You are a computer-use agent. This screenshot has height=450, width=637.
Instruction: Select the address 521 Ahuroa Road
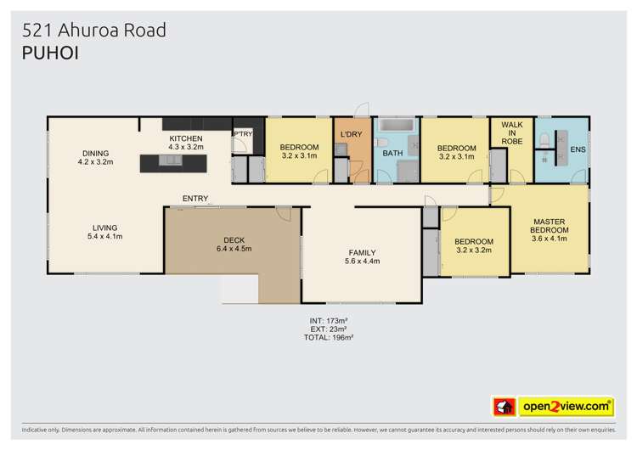(94, 31)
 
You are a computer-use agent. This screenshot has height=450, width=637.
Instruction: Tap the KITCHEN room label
(186, 138)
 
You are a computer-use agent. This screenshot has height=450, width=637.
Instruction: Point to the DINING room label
(95, 153)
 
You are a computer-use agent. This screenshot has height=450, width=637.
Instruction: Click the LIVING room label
(106, 228)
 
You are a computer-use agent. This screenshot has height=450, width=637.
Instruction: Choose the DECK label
(234, 240)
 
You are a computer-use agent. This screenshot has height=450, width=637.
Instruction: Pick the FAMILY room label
(362, 252)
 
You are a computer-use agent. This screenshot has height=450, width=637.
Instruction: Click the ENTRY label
(194, 200)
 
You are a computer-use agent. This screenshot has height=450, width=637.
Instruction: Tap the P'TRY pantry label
(243, 134)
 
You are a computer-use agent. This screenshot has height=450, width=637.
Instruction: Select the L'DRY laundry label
(352, 135)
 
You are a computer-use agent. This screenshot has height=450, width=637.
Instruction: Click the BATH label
(392, 154)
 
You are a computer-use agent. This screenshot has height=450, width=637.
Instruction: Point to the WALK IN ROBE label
(511, 134)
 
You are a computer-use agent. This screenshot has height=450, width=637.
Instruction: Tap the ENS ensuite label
(578, 151)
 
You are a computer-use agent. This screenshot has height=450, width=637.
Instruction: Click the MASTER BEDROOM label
(549, 225)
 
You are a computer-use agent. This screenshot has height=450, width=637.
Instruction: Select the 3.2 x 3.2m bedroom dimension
(475, 252)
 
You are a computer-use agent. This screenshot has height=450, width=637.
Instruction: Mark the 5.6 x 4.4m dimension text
(362, 262)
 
